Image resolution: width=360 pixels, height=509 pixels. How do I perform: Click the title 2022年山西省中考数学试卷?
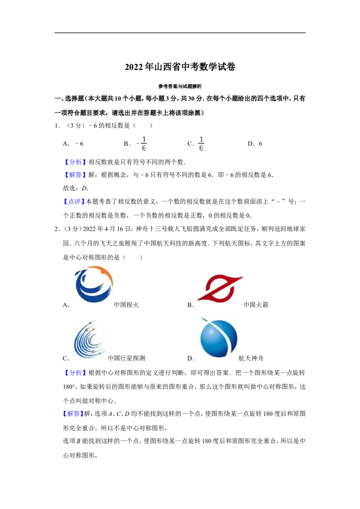coord(180,67)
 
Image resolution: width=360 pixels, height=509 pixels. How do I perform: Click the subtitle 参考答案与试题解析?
coord(180,86)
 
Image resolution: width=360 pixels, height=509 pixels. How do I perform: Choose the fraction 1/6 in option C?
coord(201,144)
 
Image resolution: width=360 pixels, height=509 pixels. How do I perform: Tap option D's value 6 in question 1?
coord(260,144)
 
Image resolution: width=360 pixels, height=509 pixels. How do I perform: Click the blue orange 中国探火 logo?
coord(94,284)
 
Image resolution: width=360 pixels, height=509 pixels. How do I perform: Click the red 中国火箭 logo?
coord(220,288)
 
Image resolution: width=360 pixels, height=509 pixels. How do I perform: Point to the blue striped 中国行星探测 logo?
coord(90,339)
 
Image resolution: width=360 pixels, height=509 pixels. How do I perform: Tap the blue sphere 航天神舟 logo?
coord(218,338)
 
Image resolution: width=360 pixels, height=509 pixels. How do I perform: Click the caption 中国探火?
coord(126,305)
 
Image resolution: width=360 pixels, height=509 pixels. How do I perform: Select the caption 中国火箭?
coord(256,305)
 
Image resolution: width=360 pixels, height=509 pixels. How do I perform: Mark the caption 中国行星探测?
coord(126,358)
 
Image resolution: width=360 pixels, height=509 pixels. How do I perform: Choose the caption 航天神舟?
coord(251,358)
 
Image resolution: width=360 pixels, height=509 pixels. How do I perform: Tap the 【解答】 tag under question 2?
coord(72,414)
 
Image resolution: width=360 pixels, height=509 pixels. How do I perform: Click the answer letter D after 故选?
coord(84,188)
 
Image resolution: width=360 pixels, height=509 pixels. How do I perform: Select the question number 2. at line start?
coord(57,229)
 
